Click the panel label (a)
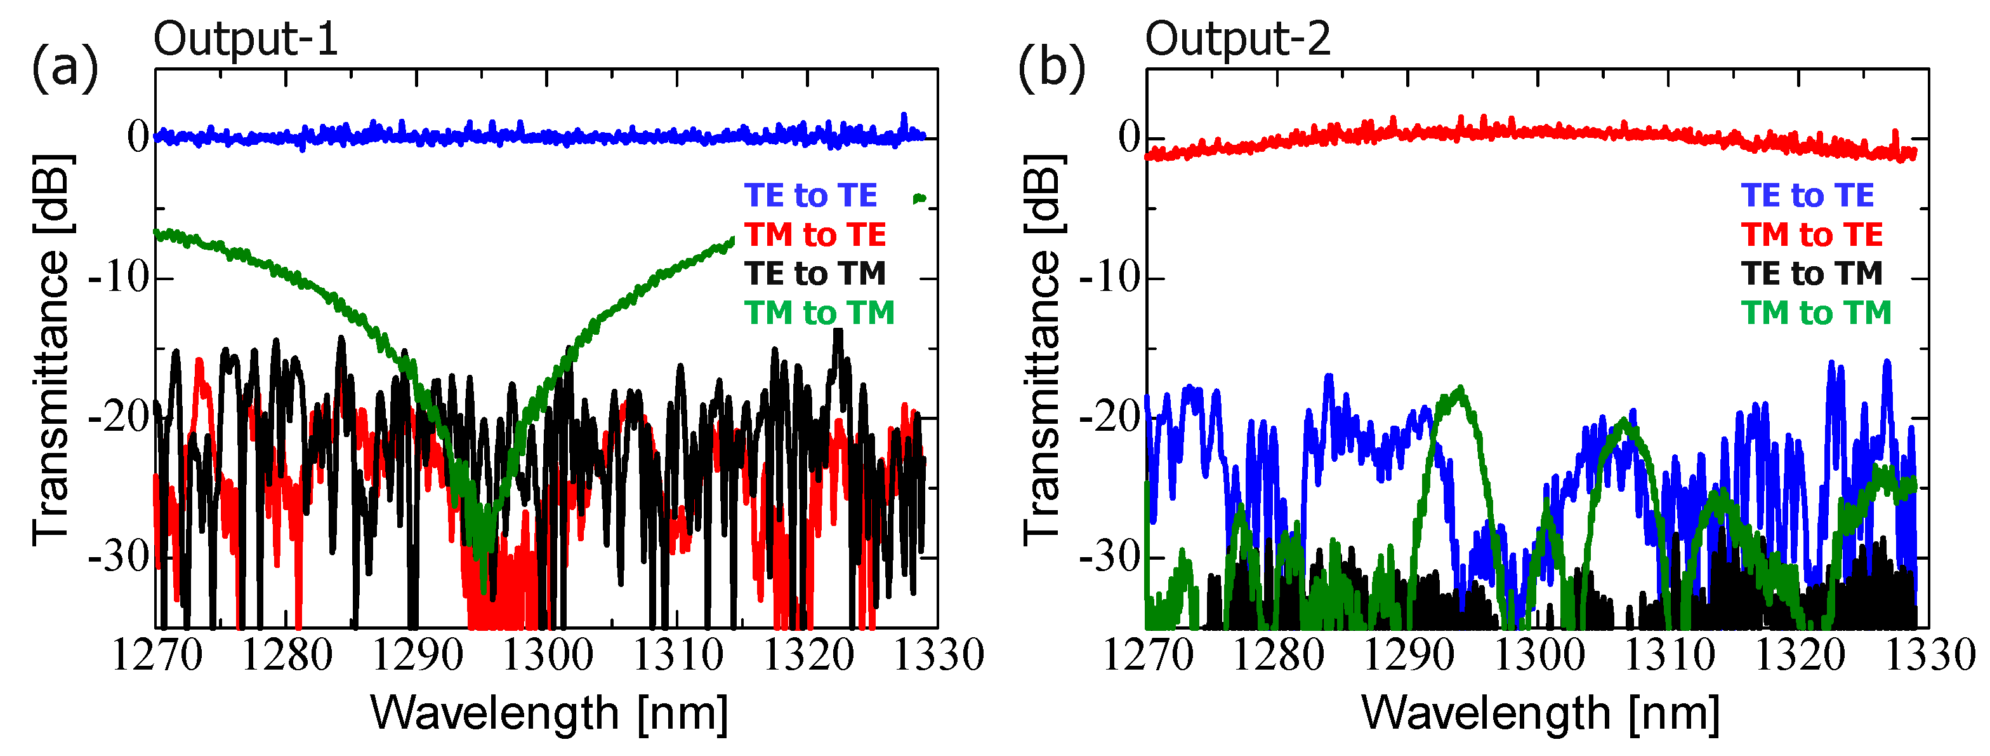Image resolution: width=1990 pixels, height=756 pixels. [65, 68]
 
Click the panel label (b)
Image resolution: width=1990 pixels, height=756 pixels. [1051, 68]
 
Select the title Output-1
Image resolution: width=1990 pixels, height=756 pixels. [246, 39]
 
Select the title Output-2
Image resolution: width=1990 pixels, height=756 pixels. [1237, 39]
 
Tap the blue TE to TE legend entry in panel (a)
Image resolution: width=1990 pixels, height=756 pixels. [810, 196]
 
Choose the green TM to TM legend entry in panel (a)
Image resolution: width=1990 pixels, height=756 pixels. [819, 313]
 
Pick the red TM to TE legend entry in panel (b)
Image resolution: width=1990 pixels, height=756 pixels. [1812, 235]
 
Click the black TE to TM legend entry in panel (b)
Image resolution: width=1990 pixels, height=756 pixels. [1812, 274]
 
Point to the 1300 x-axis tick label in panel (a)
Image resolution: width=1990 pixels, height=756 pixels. [548, 656]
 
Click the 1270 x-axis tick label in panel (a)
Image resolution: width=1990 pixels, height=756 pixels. [157, 656]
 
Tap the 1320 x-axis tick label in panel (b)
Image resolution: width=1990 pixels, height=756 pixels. [1800, 656]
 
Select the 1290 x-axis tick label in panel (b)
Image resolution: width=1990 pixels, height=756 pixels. [1408, 656]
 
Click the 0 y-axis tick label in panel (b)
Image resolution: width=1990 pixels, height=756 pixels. [1130, 138]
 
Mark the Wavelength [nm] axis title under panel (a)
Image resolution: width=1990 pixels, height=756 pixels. [548, 713]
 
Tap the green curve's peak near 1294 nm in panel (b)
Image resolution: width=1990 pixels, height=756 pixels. [1460, 388]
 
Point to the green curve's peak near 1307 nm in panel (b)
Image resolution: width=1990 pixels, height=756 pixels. [1624, 421]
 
